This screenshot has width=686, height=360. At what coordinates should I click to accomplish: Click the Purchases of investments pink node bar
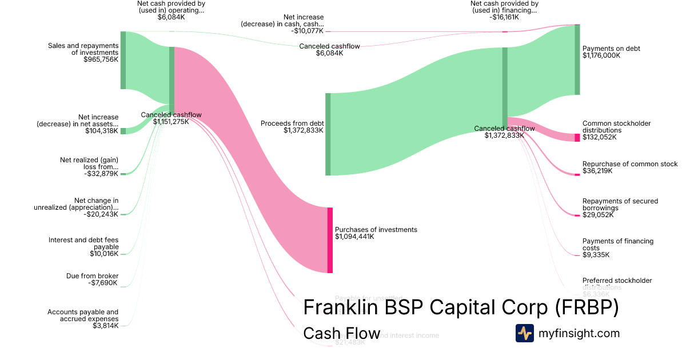[x=330, y=240]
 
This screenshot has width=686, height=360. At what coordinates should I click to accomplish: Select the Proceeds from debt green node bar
[x=328, y=134]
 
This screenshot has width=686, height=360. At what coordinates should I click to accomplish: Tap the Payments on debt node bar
[x=577, y=59]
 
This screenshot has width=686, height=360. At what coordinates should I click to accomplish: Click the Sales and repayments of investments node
[x=123, y=60]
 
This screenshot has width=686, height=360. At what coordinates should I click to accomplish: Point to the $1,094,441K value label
[x=354, y=237]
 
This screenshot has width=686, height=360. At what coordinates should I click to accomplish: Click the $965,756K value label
[x=101, y=59]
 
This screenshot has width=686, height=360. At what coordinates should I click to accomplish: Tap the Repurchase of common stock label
[x=629, y=164]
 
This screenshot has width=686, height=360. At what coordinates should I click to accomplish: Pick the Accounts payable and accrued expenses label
[x=83, y=315]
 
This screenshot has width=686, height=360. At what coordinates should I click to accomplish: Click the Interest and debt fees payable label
[x=83, y=243]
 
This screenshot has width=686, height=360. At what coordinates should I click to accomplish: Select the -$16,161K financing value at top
[x=504, y=17]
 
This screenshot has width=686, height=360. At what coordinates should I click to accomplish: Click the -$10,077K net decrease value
[x=307, y=31]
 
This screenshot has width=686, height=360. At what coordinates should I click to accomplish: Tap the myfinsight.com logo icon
[x=524, y=333]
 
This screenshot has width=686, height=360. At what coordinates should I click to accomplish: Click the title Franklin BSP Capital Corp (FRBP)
[x=460, y=307]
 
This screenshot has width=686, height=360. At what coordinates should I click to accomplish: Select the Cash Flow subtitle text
[x=341, y=333]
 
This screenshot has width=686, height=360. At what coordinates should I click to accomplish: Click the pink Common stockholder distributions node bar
[x=577, y=137]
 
